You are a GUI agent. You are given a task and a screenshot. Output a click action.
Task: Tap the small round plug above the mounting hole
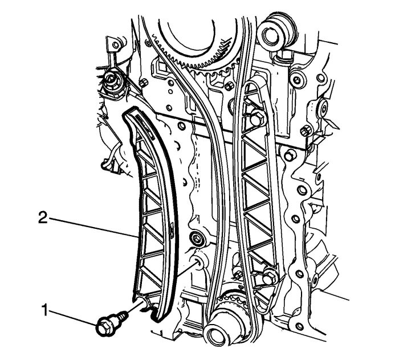click(x=197, y=237)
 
